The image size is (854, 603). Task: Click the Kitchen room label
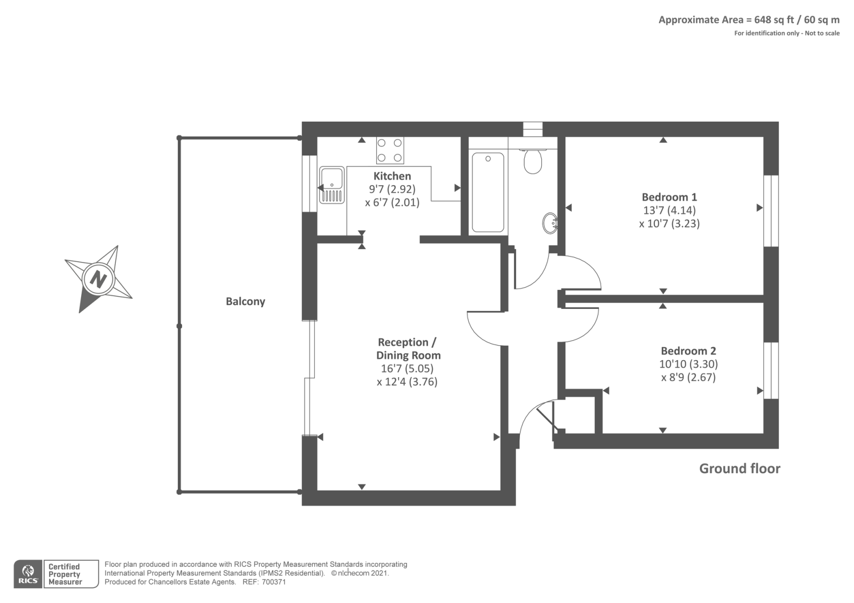pyautogui.click(x=392, y=176)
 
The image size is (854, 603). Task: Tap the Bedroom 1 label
pyautogui.click(x=669, y=197)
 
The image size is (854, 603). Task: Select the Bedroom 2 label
pyautogui.click(x=688, y=351)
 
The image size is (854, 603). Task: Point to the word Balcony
pyautogui.click(x=245, y=301)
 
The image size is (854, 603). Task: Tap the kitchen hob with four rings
pyautogui.click(x=390, y=150)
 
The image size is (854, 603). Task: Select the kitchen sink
pyautogui.click(x=331, y=185)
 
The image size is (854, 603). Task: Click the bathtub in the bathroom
pyautogui.click(x=488, y=192)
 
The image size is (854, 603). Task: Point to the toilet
pyautogui.click(x=533, y=161)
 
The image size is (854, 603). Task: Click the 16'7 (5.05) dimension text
pyautogui.click(x=407, y=369)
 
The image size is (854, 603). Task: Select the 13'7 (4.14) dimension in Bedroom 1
pyautogui.click(x=669, y=210)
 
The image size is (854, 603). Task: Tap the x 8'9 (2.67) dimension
pyautogui.click(x=688, y=377)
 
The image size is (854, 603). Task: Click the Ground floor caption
pyautogui.click(x=740, y=469)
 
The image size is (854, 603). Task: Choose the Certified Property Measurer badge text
pyautogui.click(x=65, y=574)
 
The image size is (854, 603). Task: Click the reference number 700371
pyautogui.click(x=274, y=582)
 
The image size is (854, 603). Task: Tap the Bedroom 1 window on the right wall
pyautogui.click(x=771, y=211)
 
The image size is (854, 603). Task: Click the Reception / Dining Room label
pyautogui.click(x=408, y=349)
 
